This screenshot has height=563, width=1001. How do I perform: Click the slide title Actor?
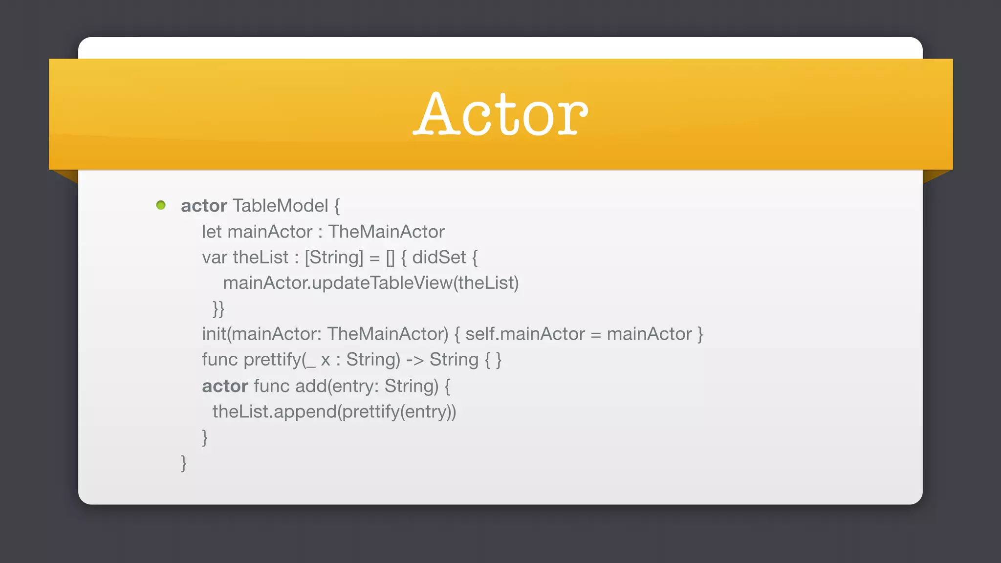pyautogui.click(x=500, y=114)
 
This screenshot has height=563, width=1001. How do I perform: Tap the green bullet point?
pyautogui.click(x=161, y=205)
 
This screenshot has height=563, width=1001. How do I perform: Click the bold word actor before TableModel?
pyautogui.click(x=204, y=206)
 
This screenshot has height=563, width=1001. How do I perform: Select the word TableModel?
pyautogui.click(x=280, y=206)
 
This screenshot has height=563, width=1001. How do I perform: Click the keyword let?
pyautogui.click(x=212, y=232)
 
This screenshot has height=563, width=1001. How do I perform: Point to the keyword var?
pyautogui.click(x=215, y=258)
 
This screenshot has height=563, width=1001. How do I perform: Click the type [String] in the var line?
pyautogui.click(x=334, y=258)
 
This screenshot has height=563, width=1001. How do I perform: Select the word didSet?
pyautogui.click(x=439, y=258)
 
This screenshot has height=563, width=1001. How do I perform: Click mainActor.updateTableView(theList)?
pyautogui.click(x=370, y=283)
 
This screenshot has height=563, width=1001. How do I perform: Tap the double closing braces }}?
pyautogui.click(x=218, y=309)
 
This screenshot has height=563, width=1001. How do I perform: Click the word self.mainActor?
pyautogui.click(x=525, y=334)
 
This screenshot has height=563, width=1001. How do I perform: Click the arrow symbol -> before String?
pyautogui.click(x=414, y=360)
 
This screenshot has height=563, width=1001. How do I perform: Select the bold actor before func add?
pyautogui.click(x=225, y=386)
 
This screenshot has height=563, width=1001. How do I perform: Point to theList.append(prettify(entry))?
pyautogui.click(x=334, y=411)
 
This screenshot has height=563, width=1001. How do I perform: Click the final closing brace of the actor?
pyautogui.click(x=184, y=463)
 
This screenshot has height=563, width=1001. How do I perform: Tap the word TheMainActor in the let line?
pyautogui.click(x=386, y=232)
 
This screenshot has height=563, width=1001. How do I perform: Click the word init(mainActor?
pyautogui.click(x=261, y=334)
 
